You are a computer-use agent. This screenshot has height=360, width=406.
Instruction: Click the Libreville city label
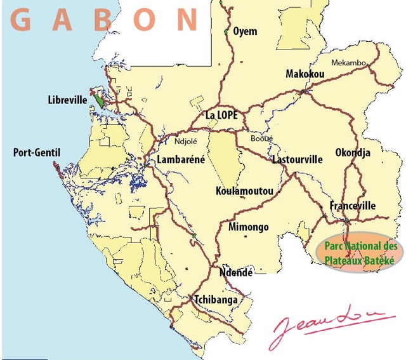[67, 100]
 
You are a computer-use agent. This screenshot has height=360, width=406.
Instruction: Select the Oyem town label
[245, 31]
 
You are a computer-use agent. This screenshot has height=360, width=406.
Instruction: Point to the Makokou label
[305, 74]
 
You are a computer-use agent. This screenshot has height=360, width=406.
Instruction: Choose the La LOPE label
[221, 116]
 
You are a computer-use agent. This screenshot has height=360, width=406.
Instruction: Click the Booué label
[261, 138]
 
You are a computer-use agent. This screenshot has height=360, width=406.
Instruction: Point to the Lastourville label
[297, 159]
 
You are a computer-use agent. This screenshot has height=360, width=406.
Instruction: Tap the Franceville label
[353, 206]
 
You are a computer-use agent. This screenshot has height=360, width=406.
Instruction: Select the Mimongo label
[248, 227]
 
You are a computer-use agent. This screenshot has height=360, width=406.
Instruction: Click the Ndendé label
[235, 273]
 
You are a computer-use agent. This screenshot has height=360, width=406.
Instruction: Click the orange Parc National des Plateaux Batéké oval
[359, 253]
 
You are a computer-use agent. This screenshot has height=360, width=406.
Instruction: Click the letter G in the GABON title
[21, 20]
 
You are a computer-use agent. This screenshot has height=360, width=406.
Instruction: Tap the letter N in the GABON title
[188, 20]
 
